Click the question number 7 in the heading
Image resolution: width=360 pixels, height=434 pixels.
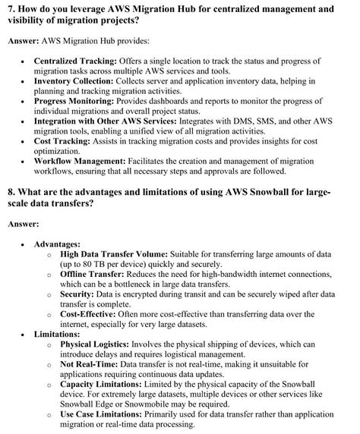[x=9, y=8]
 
